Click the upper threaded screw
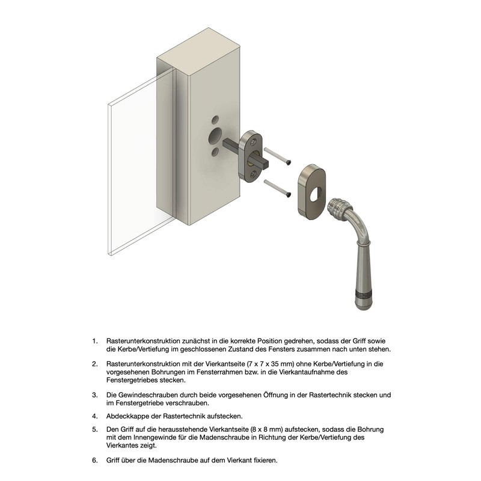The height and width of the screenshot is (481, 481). click(x=277, y=156)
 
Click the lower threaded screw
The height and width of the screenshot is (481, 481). click(x=277, y=188)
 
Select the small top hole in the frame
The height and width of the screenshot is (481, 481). click(x=215, y=120)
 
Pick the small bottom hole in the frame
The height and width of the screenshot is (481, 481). click(x=215, y=152)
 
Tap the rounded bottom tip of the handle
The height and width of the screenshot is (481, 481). click(x=364, y=305)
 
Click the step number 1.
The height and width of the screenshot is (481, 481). click(x=95, y=341)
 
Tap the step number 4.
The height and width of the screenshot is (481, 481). click(x=95, y=416)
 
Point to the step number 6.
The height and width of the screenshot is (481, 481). click(x=95, y=460)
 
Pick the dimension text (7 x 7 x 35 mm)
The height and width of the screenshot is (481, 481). click(x=271, y=364)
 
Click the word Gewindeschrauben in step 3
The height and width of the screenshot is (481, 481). click(x=148, y=395)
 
